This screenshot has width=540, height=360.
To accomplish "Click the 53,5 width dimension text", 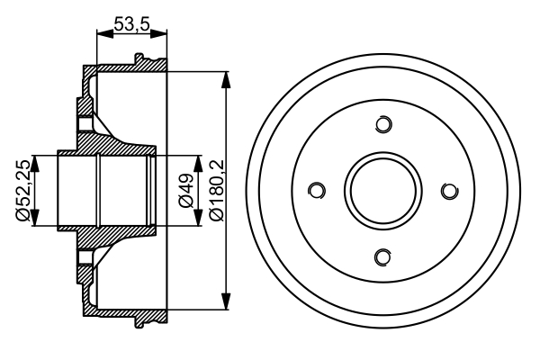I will (131, 25).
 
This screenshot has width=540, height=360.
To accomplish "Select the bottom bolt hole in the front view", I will (382, 257).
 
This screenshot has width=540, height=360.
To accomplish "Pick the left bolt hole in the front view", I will (316, 191).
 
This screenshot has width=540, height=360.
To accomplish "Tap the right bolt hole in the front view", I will (449, 191).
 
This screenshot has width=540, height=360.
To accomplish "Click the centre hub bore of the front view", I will (382, 191).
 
